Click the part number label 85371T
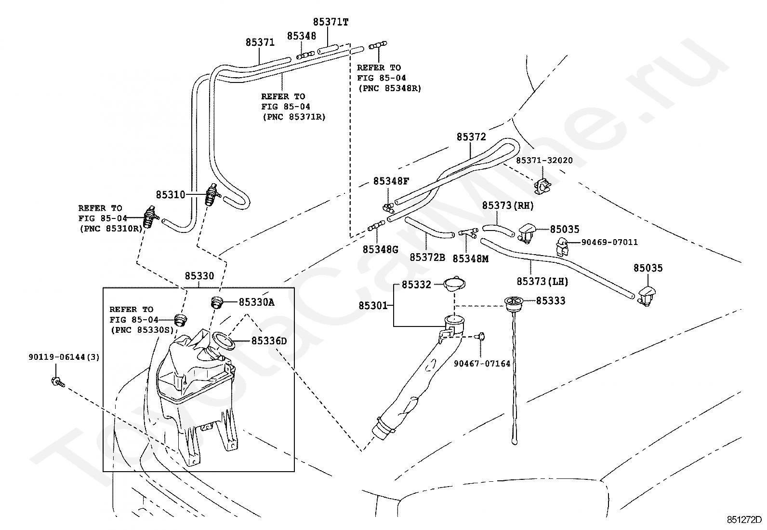pyautogui.click(x=331, y=22)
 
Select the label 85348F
pyautogui.click(x=391, y=181)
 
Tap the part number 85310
pyautogui.click(x=170, y=195)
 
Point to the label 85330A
pyautogui.click(x=256, y=302)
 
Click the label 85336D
pyautogui.click(x=269, y=341)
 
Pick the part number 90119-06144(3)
pyautogui.click(x=64, y=357)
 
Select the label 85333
pyautogui.click(x=551, y=301)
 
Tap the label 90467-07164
pyautogui.click(x=482, y=364)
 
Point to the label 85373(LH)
pyautogui.click(x=542, y=281)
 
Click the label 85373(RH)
pyautogui.click(x=508, y=205)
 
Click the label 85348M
pyautogui.click(x=470, y=258)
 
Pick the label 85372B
pyautogui.click(x=427, y=257)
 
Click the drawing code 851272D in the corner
pyautogui.click(x=744, y=520)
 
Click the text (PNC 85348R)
pyautogui.click(x=389, y=88)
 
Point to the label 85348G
pyautogui.click(x=381, y=249)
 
